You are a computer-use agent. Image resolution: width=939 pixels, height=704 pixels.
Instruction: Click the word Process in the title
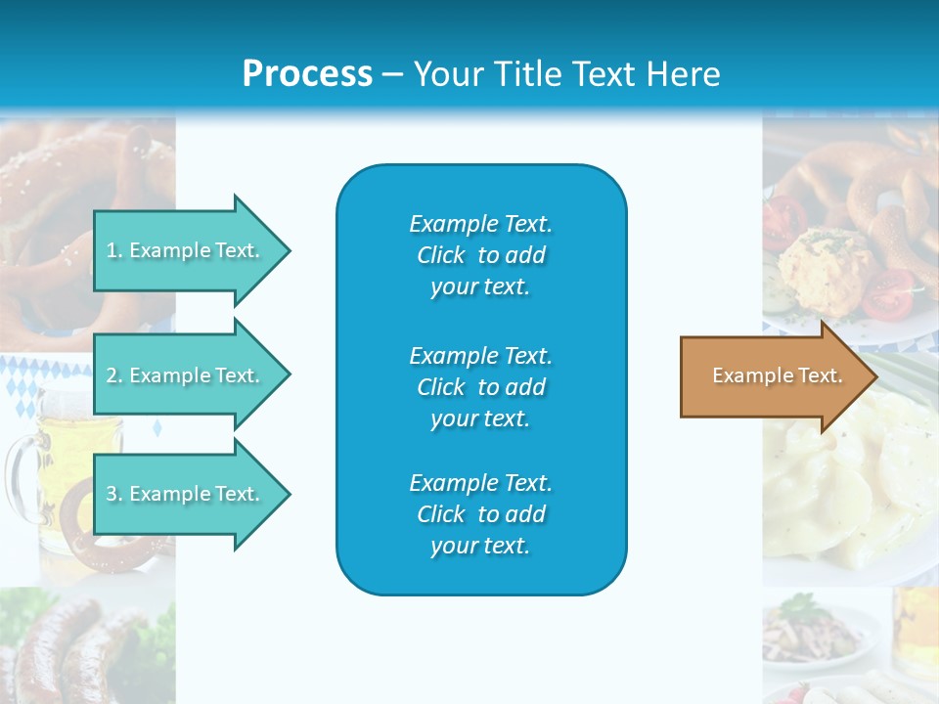pos(307,74)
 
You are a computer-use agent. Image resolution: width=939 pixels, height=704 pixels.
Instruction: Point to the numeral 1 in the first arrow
pos(112,250)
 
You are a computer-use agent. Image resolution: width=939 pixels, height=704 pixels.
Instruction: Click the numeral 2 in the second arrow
pos(112,375)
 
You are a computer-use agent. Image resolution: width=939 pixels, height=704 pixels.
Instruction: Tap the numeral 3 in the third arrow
pos(112,494)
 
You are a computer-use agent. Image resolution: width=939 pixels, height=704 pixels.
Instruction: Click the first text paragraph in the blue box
pos(480,255)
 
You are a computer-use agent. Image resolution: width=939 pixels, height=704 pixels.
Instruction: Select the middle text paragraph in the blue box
pos(480,387)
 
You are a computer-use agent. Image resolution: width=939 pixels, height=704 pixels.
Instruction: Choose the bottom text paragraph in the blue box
pos(480,514)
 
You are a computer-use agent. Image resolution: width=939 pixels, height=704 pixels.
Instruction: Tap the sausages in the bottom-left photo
pos(59,645)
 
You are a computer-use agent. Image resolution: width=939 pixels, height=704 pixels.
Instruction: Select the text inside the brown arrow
pos(777,376)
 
